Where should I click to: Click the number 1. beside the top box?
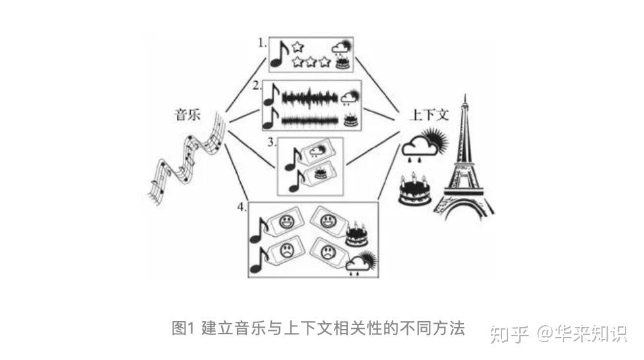click(262, 44)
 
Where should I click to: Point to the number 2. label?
click(257, 86)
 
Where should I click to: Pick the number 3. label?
click(271, 142)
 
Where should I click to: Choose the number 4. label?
click(242, 207)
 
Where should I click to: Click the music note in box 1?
click(280, 55)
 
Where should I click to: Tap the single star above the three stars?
click(297, 47)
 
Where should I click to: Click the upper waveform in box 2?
click(309, 98)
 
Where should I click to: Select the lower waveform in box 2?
click(309, 121)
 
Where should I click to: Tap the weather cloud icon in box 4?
click(359, 262)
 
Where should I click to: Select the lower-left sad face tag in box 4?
click(285, 253)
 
